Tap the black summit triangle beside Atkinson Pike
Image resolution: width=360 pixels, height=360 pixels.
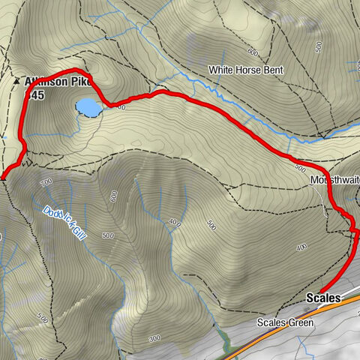(x=17, y=79)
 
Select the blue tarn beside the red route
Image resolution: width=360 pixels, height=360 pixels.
(x=88, y=107)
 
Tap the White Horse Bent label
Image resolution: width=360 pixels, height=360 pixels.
(x=245, y=70)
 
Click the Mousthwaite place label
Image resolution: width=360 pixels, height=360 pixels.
(x=334, y=181)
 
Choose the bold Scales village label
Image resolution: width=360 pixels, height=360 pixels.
(x=323, y=298)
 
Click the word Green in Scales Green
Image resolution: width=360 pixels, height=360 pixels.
(x=300, y=323)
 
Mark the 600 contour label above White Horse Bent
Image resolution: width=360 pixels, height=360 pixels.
(x=252, y=52)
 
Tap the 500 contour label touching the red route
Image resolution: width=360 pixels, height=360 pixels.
(x=302, y=167)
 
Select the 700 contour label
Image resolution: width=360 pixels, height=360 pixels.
(x=47, y=182)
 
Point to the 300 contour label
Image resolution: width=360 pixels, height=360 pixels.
(x=155, y=339)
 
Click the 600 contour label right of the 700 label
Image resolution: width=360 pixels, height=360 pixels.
(x=114, y=196)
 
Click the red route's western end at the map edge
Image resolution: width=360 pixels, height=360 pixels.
(x=2, y=178)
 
